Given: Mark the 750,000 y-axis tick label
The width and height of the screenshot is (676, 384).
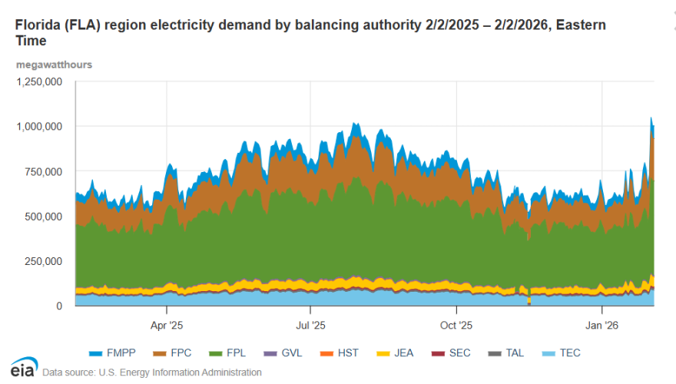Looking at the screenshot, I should [42, 171].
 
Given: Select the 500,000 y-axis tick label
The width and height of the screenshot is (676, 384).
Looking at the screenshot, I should [42, 217].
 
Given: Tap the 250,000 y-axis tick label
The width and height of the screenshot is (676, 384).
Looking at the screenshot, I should [42, 262].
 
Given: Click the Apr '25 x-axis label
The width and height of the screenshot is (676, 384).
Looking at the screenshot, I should [167, 325].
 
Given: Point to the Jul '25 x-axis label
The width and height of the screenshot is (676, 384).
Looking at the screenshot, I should [310, 325].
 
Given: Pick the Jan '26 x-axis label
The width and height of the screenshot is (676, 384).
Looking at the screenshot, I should [601, 325].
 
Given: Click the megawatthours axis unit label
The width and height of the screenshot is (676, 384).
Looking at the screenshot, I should [54, 65].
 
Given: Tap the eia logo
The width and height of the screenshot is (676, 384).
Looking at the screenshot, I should [23, 368].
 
